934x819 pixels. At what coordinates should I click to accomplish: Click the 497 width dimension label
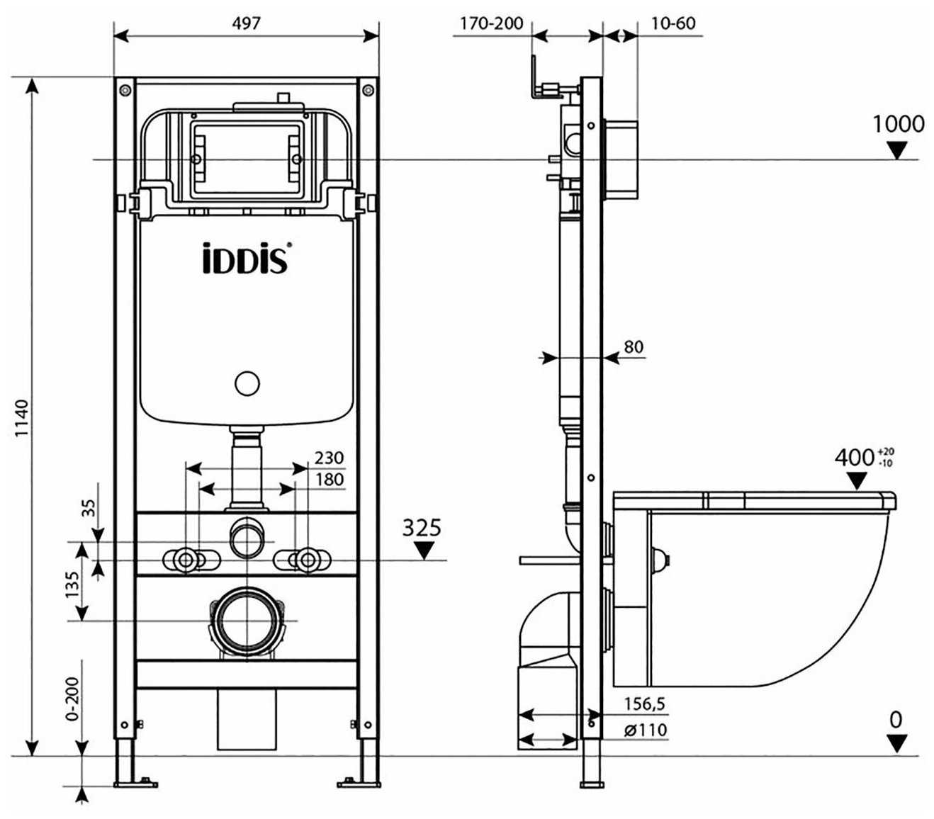pyautogui.click(x=246, y=23)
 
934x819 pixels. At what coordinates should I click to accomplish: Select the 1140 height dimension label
pyautogui.click(x=23, y=418)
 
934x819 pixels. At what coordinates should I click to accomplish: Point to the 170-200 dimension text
pyautogui.click(x=491, y=23)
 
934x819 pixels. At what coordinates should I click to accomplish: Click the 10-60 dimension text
pyautogui.click(x=673, y=23)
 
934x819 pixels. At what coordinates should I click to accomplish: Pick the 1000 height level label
pyautogui.click(x=898, y=124)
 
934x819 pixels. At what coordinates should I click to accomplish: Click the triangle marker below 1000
pyautogui.click(x=898, y=149)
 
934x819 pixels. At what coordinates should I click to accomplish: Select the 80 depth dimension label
pyautogui.click(x=634, y=346)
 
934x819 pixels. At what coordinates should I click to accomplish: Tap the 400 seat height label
pyautogui.click(x=855, y=458)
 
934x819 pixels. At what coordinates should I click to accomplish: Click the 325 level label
pyautogui.click(x=422, y=528)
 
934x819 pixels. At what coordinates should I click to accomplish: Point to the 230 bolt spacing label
pyautogui.click(x=329, y=458)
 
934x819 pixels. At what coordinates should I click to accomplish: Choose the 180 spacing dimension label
pyautogui.click(x=329, y=480)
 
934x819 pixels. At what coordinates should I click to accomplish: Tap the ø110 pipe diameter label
pyautogui.click(x=645, y=730)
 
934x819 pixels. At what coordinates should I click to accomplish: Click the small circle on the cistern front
pyautogui.click(x=247, y=383)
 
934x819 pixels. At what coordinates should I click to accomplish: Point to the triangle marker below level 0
pyautogui.click(x=897, y=743)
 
